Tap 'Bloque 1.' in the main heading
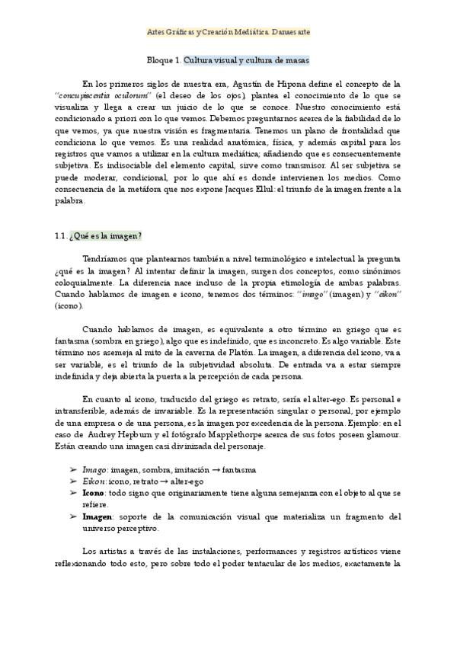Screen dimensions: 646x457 (x=163, y=59)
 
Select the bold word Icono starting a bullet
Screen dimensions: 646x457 (x=96, y=493)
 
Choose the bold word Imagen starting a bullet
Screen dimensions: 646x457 (x=97, y=516)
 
